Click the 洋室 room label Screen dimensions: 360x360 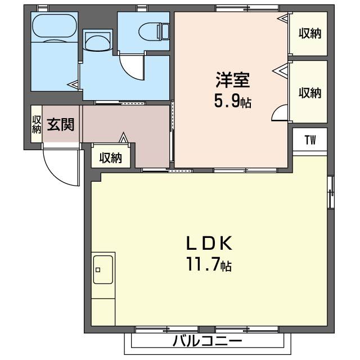(232, 79)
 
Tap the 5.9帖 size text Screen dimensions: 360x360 (232, 101)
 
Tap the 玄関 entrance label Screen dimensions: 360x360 (60, 124)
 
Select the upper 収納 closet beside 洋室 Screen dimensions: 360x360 (309, 34)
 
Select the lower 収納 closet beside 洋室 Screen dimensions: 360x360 (309, 92)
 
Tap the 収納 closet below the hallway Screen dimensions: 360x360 (111, 157)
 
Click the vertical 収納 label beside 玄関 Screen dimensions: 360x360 (37, 124)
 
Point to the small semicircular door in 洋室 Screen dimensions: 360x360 (280, 114)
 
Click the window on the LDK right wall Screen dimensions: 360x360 (331, 191)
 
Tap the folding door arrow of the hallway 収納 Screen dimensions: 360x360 (123, 137)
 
